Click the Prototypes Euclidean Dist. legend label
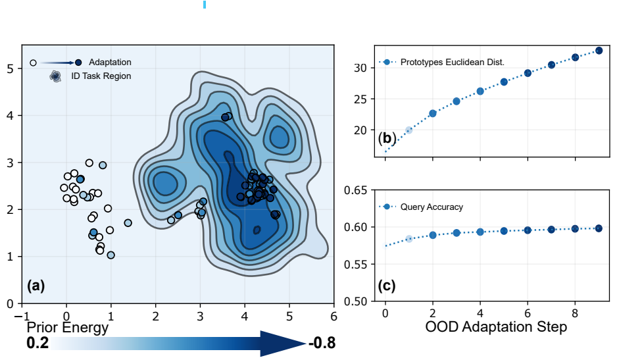452,63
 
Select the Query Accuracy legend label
432,207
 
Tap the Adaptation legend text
110,63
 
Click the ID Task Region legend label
101,76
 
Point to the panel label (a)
36,286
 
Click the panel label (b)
386,139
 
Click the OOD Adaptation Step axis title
496,327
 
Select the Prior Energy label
67,327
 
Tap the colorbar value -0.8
322,344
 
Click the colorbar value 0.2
39,344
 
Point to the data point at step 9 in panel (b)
599,51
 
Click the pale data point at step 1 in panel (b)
409,130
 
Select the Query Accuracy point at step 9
599,228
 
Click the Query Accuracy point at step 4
480,232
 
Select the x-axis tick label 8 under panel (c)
575,313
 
